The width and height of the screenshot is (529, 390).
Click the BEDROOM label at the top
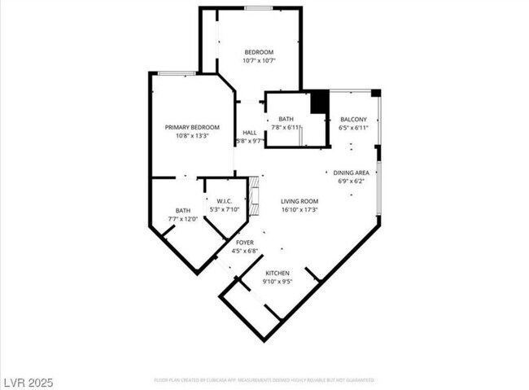click(259, 52)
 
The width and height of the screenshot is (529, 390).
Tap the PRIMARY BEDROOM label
click(192, 127)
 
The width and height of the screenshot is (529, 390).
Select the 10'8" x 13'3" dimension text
click(192, 136)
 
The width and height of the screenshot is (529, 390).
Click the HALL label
click(249, 133)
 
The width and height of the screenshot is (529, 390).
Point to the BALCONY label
click(353, 120)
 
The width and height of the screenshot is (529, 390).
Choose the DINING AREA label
click(352, 173)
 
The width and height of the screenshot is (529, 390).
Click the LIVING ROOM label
click(299, 201)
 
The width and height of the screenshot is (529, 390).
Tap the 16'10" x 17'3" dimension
click(299, 210)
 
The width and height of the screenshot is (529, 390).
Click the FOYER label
click(244, 243)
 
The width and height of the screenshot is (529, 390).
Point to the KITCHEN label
click(278, 273)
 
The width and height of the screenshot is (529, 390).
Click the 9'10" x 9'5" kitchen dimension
click(278, 282)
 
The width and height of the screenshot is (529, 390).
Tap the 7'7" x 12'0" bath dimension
click(183, 219)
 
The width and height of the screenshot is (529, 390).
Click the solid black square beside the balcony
click(319, 102)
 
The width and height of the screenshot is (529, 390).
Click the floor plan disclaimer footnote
click(264, 380)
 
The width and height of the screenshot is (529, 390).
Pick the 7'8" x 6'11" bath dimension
click(286, 128)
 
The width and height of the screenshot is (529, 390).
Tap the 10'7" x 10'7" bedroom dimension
click(259, 61)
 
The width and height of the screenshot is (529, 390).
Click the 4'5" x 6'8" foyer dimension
click(244, 251)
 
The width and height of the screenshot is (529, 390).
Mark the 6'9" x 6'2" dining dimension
click(352, 181)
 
